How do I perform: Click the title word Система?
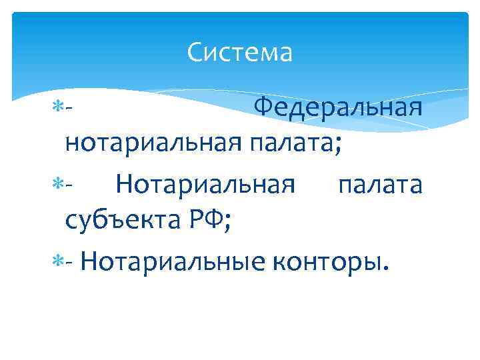(x=240, y=52)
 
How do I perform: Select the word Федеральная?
(x=339, y=107)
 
